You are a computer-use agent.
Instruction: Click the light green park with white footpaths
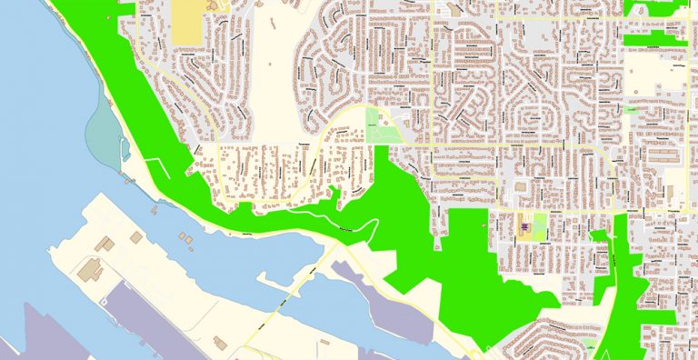tap(381, 125)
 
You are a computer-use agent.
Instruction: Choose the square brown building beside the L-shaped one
tap(136, 237)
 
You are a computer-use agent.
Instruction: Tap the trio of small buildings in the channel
tap(185, 238)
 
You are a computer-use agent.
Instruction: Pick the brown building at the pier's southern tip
tap(218, 343)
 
